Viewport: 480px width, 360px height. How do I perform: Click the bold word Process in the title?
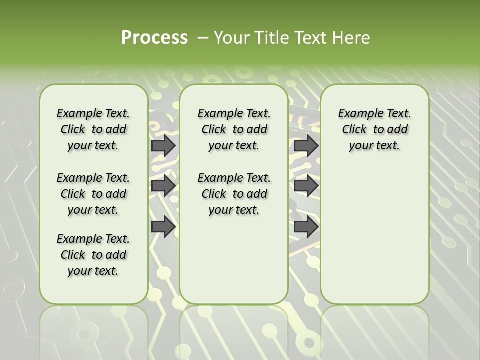click(x=154, y=38)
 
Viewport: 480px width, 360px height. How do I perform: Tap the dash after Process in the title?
click(x=203, y=38)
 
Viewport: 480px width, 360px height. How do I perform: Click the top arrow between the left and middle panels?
click(x=163, y=145)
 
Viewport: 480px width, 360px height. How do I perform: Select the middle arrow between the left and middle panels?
click(x=163, y=186)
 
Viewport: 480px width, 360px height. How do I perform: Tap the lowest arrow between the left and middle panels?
click(x=163, y=227)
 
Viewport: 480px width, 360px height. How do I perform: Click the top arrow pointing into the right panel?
click(x=306, y=145)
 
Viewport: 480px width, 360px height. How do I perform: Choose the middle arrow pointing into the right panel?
click(x=306, y=186)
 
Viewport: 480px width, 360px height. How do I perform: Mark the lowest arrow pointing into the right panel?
click(x=306, y=227)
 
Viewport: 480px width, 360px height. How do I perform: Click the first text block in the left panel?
click(x=93, y=129)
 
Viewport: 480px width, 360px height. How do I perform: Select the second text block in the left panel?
click(x=93, y=194)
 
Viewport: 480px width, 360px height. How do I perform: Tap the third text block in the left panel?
click(x=93, y=255)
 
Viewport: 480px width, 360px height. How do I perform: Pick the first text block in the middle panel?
click(x=234, y=129)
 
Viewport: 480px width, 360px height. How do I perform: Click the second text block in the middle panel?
click(x=234, y=194)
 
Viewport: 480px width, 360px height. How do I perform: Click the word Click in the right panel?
click(x=354, y=129)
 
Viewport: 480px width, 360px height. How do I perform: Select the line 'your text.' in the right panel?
click(x=374, y=145)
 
